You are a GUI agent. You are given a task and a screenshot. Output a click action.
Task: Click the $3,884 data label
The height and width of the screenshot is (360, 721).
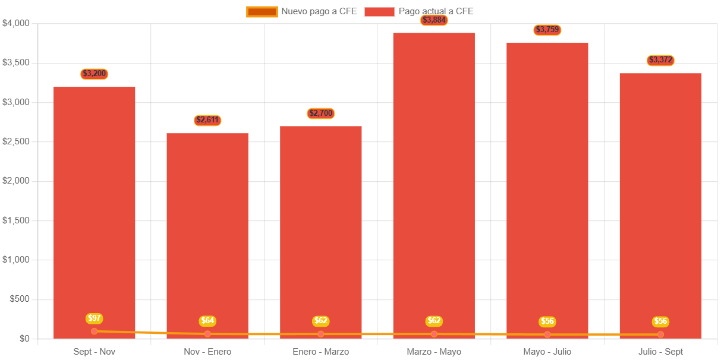point(434,20)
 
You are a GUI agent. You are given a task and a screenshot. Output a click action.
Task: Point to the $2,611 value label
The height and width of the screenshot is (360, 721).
point(207,120)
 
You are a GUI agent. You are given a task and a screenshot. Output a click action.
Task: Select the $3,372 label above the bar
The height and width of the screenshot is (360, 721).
point(660,60)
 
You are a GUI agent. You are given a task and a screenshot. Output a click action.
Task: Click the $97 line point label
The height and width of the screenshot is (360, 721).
point(95,318)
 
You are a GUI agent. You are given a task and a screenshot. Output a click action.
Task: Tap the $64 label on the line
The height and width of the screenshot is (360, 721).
point(207,321)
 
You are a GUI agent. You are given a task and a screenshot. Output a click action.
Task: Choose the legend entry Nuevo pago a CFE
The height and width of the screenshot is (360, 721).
point(302,11)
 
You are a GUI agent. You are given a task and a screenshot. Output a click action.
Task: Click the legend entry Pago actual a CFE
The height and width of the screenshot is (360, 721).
point(419,11)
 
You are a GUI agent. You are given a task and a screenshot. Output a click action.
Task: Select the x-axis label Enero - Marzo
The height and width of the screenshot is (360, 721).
point(321,352)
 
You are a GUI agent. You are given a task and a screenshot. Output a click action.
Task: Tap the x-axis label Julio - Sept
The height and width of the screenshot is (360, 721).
point(660,352)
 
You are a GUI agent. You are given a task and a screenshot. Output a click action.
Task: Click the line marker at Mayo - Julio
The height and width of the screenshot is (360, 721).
point(547,334)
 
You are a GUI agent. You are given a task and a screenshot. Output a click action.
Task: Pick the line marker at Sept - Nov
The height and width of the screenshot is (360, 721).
point(95,331)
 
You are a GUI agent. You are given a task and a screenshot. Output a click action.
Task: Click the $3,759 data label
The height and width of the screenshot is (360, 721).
point(547,30)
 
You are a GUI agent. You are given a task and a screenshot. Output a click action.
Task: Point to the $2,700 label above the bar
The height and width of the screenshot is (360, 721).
point(321,113)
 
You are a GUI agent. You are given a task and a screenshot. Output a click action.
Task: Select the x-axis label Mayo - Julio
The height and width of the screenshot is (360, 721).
point(547,352)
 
